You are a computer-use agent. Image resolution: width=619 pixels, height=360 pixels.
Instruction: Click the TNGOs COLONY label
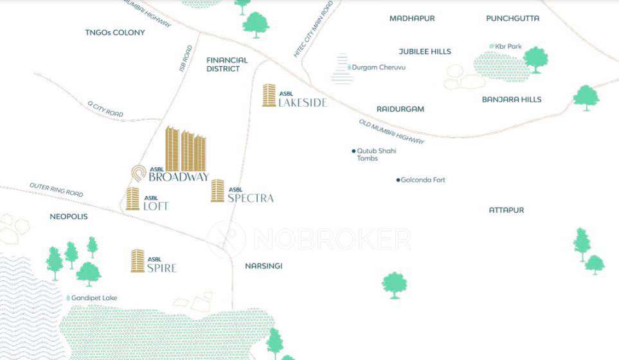(x=115, y=32)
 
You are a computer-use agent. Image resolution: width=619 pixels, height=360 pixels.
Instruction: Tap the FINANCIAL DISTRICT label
(x=227, y=64)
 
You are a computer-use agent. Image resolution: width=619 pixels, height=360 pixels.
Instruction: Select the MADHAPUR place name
(x=412, y=18)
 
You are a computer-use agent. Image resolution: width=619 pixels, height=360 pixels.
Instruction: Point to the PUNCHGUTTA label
(x=512, y=18)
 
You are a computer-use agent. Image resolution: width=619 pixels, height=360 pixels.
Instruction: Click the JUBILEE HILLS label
(x=425, y=51)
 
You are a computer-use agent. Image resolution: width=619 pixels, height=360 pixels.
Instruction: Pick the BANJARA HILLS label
(x=512, y=100)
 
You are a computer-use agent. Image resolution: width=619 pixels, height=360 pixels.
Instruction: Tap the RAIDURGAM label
(x=400, y=109)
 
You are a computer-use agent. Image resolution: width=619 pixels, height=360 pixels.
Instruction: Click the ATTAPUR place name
(x=507, y=210)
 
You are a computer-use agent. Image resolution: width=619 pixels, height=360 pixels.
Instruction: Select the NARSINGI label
(x=264, y=265)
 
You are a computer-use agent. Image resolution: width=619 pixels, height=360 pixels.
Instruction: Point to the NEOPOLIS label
(x=69, y=217)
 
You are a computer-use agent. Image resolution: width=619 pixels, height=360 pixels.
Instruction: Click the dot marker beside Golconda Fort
(x=398, y=180)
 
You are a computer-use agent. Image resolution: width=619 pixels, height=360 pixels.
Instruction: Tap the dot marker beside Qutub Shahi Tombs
(x=354, y=151)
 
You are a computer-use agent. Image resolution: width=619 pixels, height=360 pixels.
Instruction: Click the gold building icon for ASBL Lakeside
(x=269, y=95)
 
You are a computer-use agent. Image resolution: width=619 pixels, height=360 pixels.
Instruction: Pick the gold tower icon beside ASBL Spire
(x=138, y=260)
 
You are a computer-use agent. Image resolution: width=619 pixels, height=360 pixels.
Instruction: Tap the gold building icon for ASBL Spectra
(x=217, y=191)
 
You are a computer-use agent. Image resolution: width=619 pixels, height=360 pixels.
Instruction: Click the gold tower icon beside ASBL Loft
(x=132, y=199)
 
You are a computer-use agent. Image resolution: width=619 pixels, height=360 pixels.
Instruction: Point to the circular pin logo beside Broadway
(x=139, y=173)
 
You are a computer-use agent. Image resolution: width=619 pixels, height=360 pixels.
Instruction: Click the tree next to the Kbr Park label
(x=535, y=59)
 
